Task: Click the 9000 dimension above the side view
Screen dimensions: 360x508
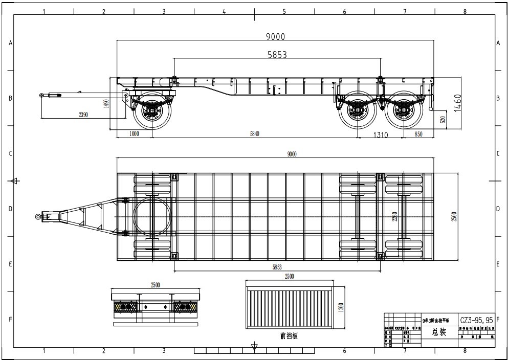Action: pyautogui.click(x=275, y=36)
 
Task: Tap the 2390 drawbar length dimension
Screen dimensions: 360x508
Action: pyautogui.click(x=83, y=115)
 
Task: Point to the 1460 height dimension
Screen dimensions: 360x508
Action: pyautogui.click(x=457, y=102)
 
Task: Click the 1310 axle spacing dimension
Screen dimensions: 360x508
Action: pyautogui.click(x=380, y=135)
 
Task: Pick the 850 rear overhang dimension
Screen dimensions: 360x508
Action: pyautogui.click(x=418, y=134)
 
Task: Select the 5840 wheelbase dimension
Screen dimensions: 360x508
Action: pyautogui.click(x=254, y=134)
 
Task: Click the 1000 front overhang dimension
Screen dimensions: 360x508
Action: pyautogui.click(x=134, y=134)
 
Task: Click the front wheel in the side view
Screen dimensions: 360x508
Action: pyautogui.click(x=152, y=110)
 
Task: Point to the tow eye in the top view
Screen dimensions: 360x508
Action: pyautogui.click(x=38, y=217)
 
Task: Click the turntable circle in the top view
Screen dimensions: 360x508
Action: pyautogui.click(x=152, y=217)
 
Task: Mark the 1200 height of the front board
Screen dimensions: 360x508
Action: pyautogui.click(x=341, y=307)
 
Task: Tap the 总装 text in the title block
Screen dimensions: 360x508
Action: pyautogui.click(x=439, y=332)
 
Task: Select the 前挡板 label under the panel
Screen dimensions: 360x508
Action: pyautogui.click(x=289, y=336)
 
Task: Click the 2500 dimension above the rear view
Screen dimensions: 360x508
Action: pyautogui.click(x=156, y=284)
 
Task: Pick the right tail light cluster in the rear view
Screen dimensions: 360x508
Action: pyautogui.click(x=184, y=307)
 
